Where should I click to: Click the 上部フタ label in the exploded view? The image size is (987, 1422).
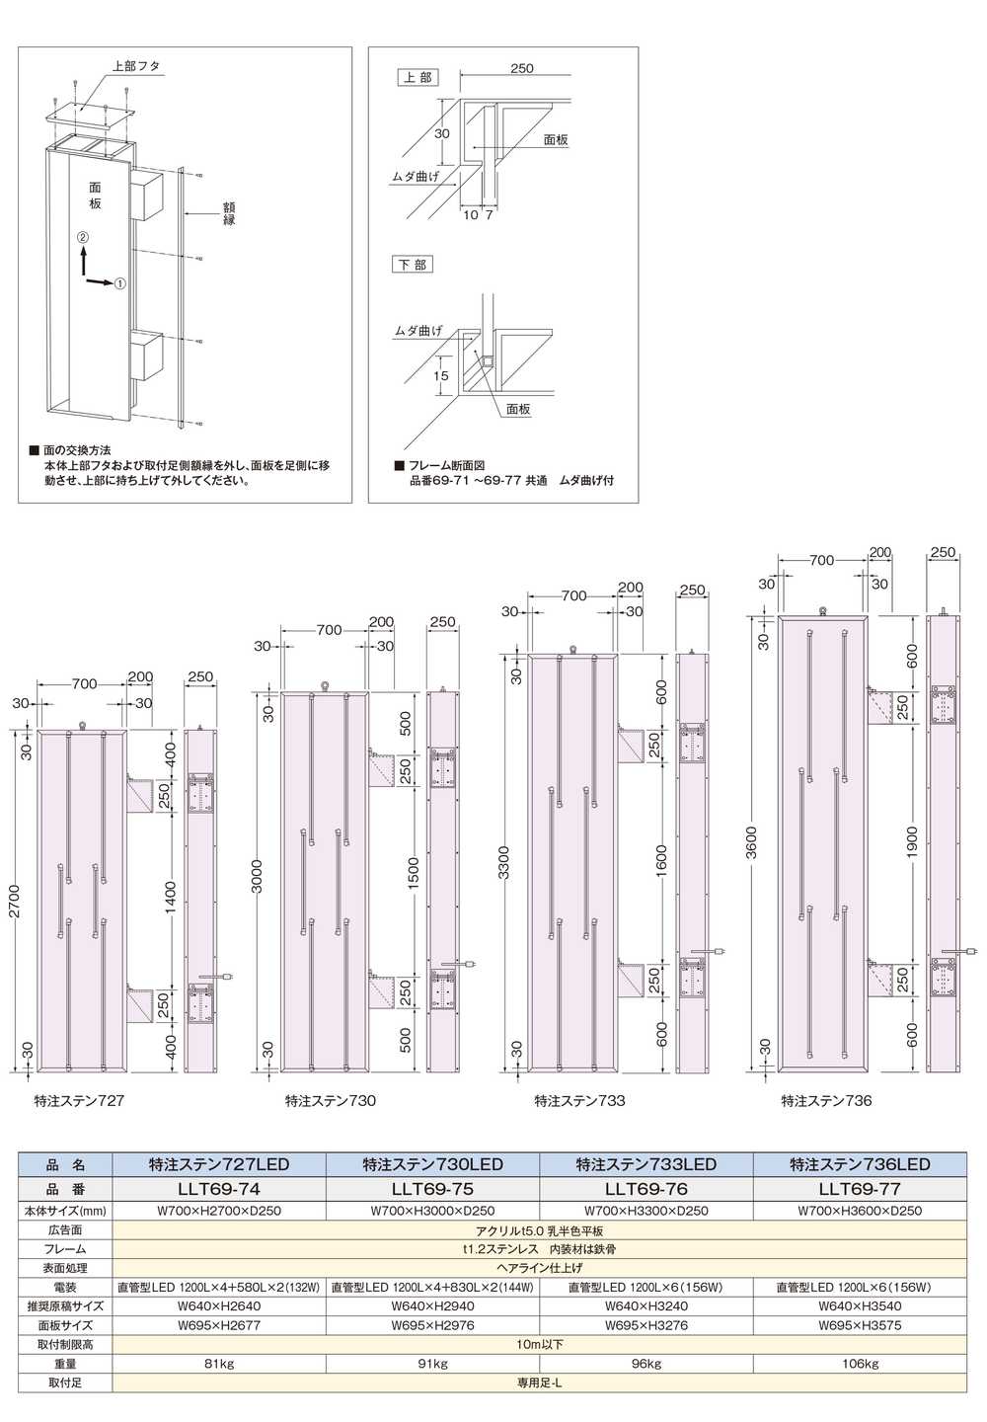click(x=136, y=67)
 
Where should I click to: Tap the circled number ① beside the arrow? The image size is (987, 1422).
click(x=119, y=283)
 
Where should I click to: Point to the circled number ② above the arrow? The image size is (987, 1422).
click(x=83, y=237)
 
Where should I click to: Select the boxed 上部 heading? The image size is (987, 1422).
click(x=418, y=78)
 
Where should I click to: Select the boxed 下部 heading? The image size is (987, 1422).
click(x=413, y=264)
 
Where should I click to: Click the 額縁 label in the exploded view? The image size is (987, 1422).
click(x=230, y=213)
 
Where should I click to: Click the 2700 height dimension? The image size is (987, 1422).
click(x=15, y=902)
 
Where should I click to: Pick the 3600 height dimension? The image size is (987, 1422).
click(x=752, y=842)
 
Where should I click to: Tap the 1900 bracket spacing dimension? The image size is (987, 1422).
click(x=912, y=842)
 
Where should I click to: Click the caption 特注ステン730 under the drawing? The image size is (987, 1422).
click(x=331, y=1100)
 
